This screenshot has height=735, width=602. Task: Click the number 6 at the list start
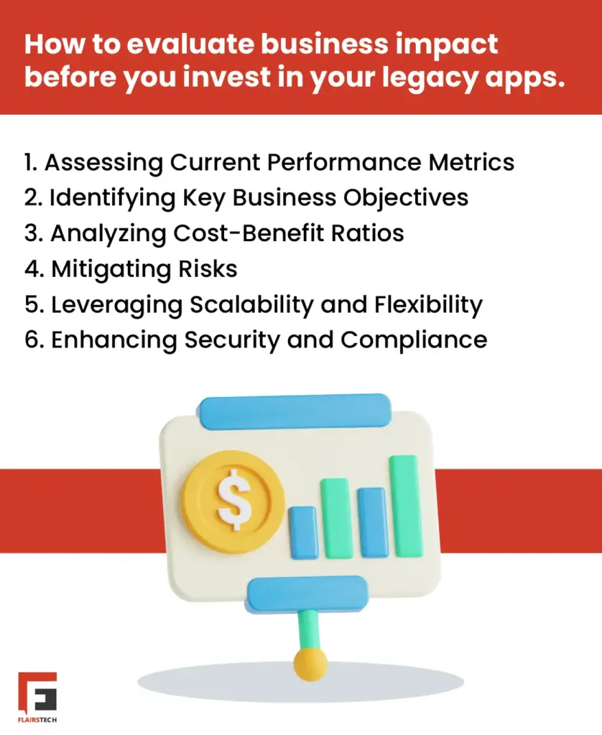(33, 340)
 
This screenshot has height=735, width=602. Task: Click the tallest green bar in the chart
(406, 505)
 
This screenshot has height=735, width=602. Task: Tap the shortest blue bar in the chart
(304, 532)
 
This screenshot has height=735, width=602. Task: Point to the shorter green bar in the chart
(335, 518)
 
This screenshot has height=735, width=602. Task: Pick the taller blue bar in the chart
(371, 522)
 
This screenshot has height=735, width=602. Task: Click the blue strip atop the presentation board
(295, 411)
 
